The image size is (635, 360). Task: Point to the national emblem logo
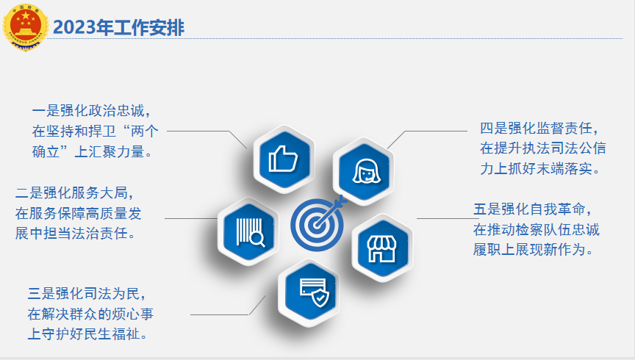(x=25, y=26)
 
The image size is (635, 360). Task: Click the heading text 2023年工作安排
(x=118, y=28)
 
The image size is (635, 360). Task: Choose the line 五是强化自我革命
(x=532, y=210)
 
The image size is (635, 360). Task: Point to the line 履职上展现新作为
(x=533, y=250)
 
